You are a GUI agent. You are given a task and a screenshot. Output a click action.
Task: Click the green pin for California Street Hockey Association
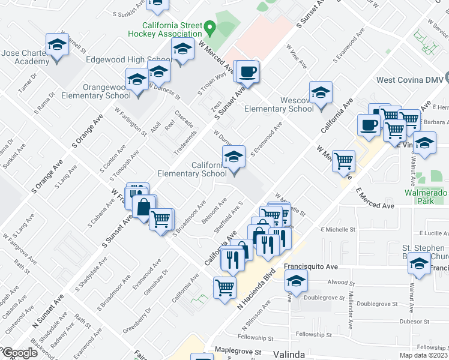click(209, 28)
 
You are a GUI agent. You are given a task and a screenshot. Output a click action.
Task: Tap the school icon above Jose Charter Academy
click(57, 45)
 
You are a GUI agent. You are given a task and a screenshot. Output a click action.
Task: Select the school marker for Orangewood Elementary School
click(137, 80)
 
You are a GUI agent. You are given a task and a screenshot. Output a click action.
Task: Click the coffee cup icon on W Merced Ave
click(247, 73)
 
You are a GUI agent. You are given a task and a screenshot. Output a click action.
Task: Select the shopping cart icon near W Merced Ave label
click(343, 161)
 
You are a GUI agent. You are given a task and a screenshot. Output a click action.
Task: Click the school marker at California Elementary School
click(234, 158)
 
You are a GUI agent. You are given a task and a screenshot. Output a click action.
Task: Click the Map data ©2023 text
click(423, 355)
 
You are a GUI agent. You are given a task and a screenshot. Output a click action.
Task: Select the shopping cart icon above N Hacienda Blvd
click(225, 287)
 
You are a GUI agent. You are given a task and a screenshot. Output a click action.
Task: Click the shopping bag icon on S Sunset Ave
click(144, 208)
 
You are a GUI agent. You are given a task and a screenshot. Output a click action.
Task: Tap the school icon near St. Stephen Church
click(419, 263)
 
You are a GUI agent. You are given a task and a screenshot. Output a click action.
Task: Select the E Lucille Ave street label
click(426, 233)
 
